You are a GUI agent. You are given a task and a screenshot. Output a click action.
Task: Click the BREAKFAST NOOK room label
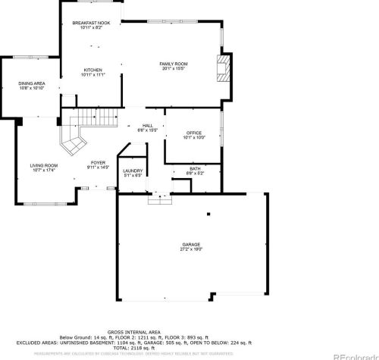[x=92, y=23]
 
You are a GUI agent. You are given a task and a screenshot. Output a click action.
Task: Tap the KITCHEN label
[x=93, y=70]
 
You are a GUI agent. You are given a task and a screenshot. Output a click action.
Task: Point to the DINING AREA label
[x=32, y=84]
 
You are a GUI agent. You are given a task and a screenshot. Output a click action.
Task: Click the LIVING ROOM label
[x=44, y=165]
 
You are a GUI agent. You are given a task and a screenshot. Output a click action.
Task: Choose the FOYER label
[x=99, y=162]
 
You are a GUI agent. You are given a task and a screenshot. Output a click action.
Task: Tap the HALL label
[x=148, y=126]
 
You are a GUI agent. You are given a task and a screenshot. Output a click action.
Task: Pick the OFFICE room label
[x=193, y=133]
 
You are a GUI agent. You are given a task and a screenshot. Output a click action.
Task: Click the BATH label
[x=195, y=169]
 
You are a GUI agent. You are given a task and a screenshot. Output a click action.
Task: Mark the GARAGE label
[x=190, y=244]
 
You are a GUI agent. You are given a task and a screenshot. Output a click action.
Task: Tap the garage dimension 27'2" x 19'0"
[x=190, y=249]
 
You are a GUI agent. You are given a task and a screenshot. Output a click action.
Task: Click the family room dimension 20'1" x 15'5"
[x=173, y=68]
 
